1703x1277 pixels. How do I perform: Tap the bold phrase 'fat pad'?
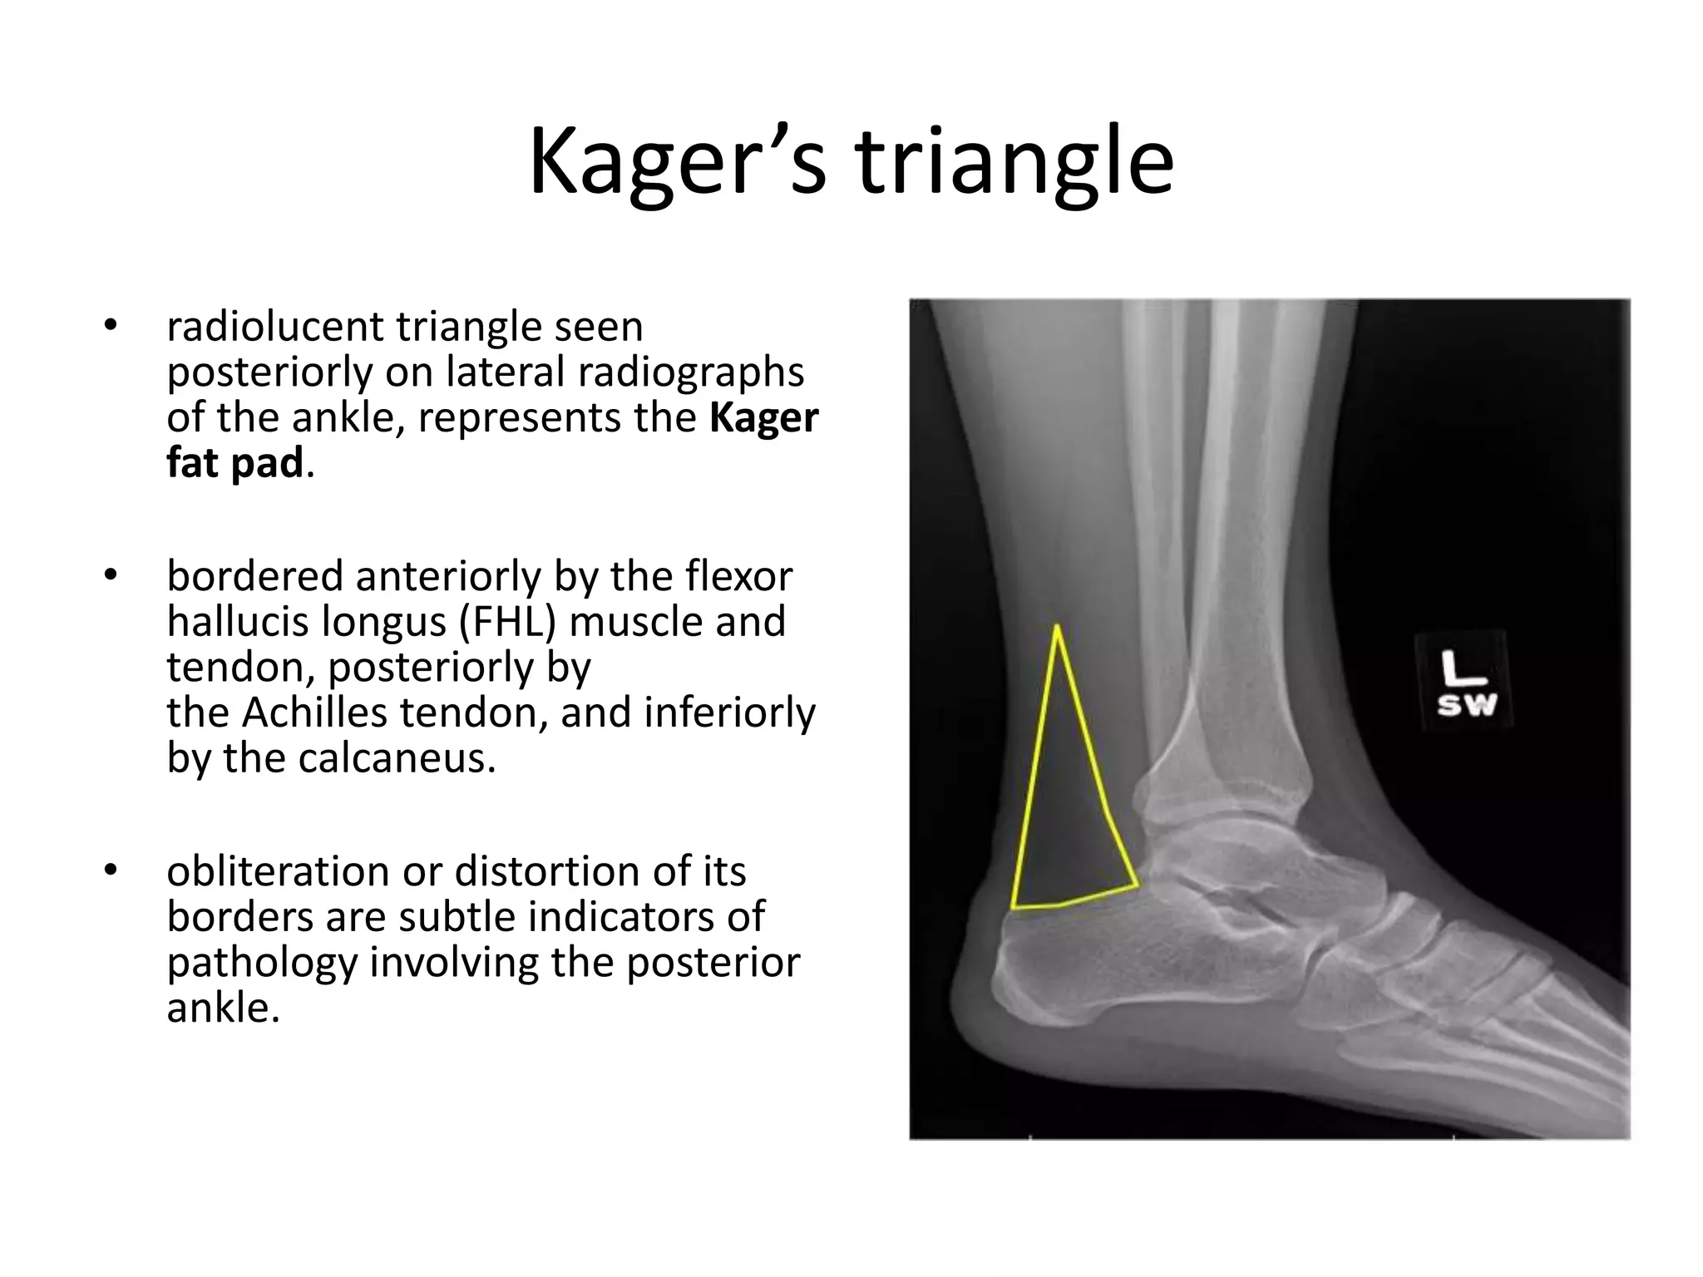tap(234, 462)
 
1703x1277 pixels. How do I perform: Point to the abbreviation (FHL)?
tap(507, 621)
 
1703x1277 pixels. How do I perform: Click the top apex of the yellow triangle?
tap(1056, 627)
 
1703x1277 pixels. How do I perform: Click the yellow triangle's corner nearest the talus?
tap(1136, 885)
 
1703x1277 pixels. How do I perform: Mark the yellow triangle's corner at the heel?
tap(1014, 907)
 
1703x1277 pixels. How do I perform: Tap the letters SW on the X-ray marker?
tap(1467, 706)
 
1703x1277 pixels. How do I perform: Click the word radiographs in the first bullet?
tap(691, 372)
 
